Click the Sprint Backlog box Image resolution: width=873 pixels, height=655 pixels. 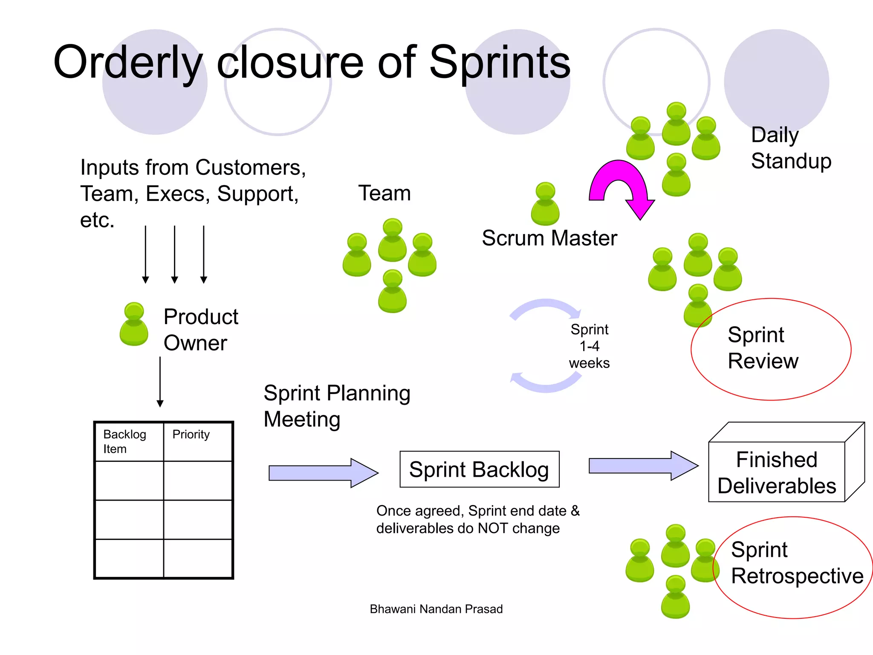click(x=479, y=469)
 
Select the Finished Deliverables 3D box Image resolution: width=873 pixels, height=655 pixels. click(x=777, y=472)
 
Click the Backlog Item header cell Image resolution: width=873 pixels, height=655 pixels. click(x=129, y=442)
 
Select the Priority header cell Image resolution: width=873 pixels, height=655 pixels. click(x=197, y=442)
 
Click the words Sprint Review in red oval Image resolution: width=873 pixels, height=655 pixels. click(x=763, y=348)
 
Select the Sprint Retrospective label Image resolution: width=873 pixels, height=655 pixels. click(x=796, y=563)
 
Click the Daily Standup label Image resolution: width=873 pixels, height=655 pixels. click(x=791, y=148)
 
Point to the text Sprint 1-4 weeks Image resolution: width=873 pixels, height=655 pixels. click(x=590, y=346)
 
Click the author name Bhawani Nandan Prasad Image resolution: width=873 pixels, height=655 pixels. click(x=436, y=609)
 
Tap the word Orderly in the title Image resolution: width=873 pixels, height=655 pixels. click(x=128, y=63)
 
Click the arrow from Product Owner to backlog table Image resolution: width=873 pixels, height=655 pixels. click(x=160, y=382)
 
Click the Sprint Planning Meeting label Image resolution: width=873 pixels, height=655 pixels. click(x=337, y=406)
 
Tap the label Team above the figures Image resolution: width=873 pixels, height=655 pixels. click(x=384, y=193)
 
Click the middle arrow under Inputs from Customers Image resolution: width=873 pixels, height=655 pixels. click(x=174, y=254)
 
